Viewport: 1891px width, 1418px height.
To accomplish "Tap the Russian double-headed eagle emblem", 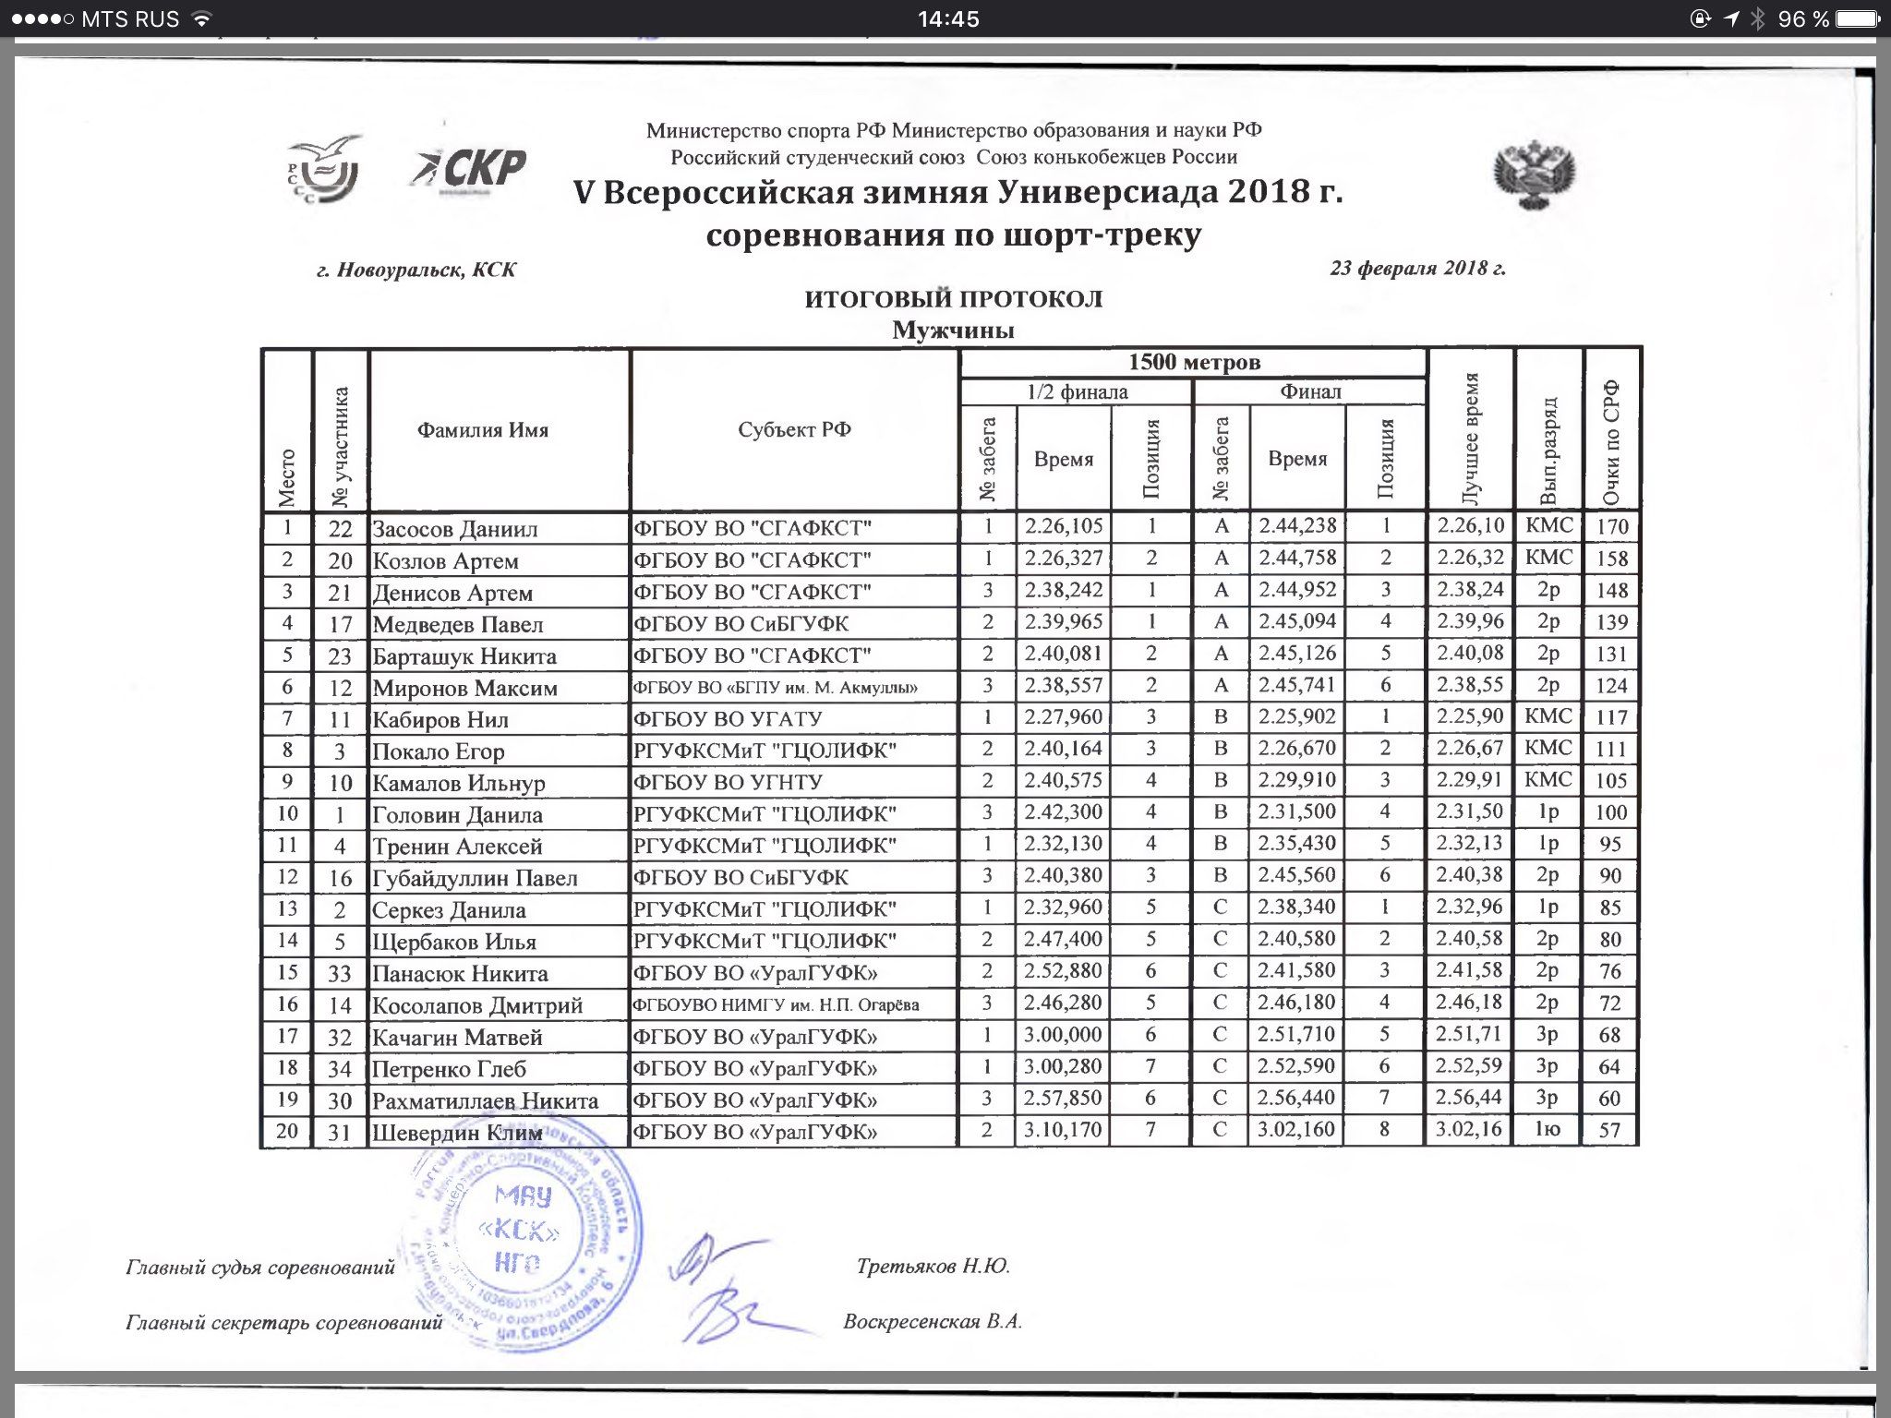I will tap(1534, 174).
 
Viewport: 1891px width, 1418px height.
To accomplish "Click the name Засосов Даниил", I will tap(454, 529).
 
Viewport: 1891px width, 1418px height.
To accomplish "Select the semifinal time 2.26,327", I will tap(1064, 559).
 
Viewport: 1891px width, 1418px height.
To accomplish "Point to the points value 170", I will tap(1611, 528).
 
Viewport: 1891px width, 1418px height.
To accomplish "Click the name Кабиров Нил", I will tap(440, 720).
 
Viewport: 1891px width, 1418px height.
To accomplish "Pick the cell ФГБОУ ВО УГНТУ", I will tap(728, 782).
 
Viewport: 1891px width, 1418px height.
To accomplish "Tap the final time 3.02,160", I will tap(1296, 1129).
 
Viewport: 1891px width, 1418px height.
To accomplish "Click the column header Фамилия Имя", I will tap(482, 430).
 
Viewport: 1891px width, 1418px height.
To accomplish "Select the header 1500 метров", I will tap(1194, 362).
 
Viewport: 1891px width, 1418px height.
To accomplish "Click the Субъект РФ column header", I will tap(794, 429).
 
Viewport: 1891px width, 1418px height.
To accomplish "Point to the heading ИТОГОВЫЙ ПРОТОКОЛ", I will tap(953, 299).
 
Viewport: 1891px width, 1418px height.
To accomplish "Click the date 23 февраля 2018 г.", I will tap(1417, 269).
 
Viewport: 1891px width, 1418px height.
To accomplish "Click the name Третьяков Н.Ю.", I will tap(933, 1266).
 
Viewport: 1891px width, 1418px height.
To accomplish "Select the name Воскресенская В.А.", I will tap(933, 1321).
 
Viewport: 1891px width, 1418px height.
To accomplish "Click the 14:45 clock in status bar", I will tap(948, 18).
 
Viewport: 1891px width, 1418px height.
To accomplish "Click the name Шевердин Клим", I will tap(456, 1133).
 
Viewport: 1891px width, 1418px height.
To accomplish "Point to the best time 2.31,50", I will tap(1469, 811).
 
